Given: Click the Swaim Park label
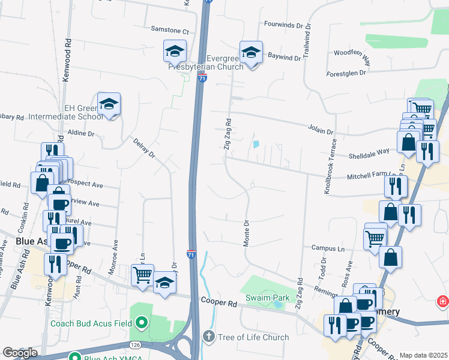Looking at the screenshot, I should pyautogui.click(x=268, y=298).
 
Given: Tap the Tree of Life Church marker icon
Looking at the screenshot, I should pyautogui.click(x=208, y=337).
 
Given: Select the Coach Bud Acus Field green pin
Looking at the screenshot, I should pyautogui.click(x=142, y=323).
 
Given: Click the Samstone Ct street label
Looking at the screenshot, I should pyautogui.click(x=170, y=31).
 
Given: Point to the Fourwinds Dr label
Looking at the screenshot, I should pyautogui.click(x=286, y=25).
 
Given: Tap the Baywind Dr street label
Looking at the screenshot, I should pyautogui.click(x=285, y=58).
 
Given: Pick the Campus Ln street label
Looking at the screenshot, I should pyautogui.click(x=328, y=248).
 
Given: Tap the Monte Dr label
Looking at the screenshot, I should pyautogui.click(x=247, y=231).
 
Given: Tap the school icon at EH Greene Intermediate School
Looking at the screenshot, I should pyautogui.click(x=109, y=104).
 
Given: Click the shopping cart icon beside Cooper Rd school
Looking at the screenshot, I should pyautogui.click(x=143, y=275).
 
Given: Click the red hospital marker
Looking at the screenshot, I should pyautogui.click(x=443, y=300).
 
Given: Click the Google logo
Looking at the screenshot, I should pyautogui.click(x=20, y=353).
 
